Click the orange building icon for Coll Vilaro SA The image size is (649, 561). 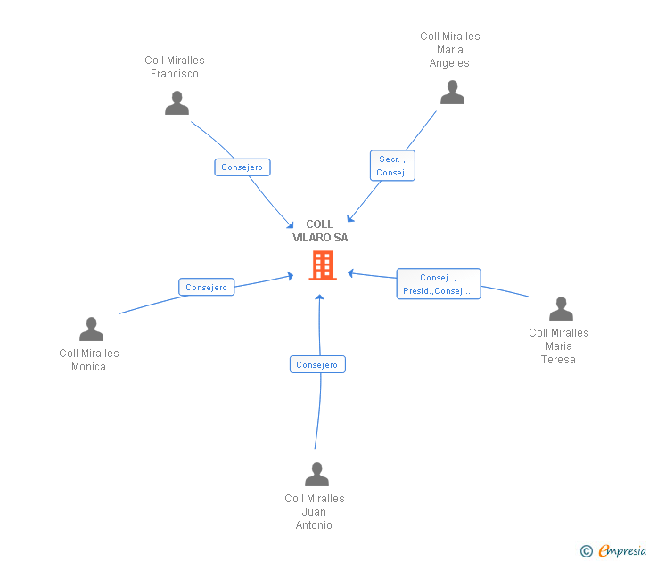point(322,265)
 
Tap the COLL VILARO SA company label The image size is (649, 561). point(320,232)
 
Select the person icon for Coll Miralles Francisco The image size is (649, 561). point(177,103)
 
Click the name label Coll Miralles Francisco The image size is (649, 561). point(175,68)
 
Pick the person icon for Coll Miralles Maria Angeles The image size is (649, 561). point(452,93)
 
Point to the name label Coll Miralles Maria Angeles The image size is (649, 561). point(449,50)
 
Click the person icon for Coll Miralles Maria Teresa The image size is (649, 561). point(561,309)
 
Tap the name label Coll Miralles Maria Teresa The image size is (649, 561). point(559,346)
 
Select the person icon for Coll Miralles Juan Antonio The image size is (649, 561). point(316,475)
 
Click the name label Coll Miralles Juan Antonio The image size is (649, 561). point(315,512)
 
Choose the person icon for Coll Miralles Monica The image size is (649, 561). point(91,329)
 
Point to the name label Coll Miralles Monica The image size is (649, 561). point(89,360)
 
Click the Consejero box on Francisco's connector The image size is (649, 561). point(242,167)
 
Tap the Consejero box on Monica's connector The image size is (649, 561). point(207,287)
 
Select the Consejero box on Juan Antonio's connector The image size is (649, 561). point(317,364)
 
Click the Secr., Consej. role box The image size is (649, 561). point(392,166)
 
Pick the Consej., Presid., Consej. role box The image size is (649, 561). point(439,284)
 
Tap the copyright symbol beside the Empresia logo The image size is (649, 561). point(587,552)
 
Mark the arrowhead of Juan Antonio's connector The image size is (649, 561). point(319,297)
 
